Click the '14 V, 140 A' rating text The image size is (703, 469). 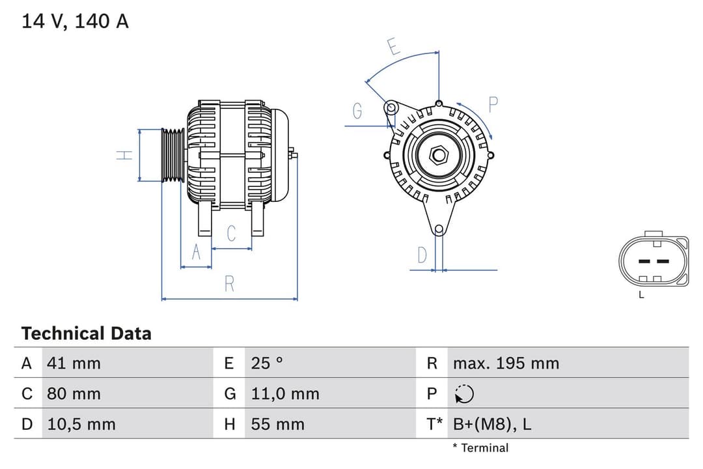pyautogui.click(x=76, y=21)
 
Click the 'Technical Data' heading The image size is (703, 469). pyautogui.click(x=86, y=334)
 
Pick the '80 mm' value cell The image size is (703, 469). pyautogui.click(x=74, y=393)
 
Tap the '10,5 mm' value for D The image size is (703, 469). pyautogui.click(x=81, y=424)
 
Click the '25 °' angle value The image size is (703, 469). pyautogui.click(x=267, y=363)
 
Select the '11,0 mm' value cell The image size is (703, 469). pyautogui.click(x=285, y=393)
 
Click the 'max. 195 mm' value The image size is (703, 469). pyautogui.click(x=506, y=363)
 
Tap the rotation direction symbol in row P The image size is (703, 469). pyautogui.click(x=464, y=393)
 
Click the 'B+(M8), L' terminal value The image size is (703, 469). pyautogui.click(x=491, y=424)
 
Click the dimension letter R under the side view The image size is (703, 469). pyautogui.click(x=229, y=284)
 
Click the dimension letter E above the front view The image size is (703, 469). pyautogui.click(x=393, y=47)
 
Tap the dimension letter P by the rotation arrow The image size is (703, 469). pyautogui.click(x=493, y=104)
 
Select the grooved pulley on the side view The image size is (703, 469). pyautogui.click(x=173, y=155)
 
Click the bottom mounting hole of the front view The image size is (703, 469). pyautogui.click(x=439, y=229)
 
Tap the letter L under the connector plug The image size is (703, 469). pyautogui.click(x=641, y=295)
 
